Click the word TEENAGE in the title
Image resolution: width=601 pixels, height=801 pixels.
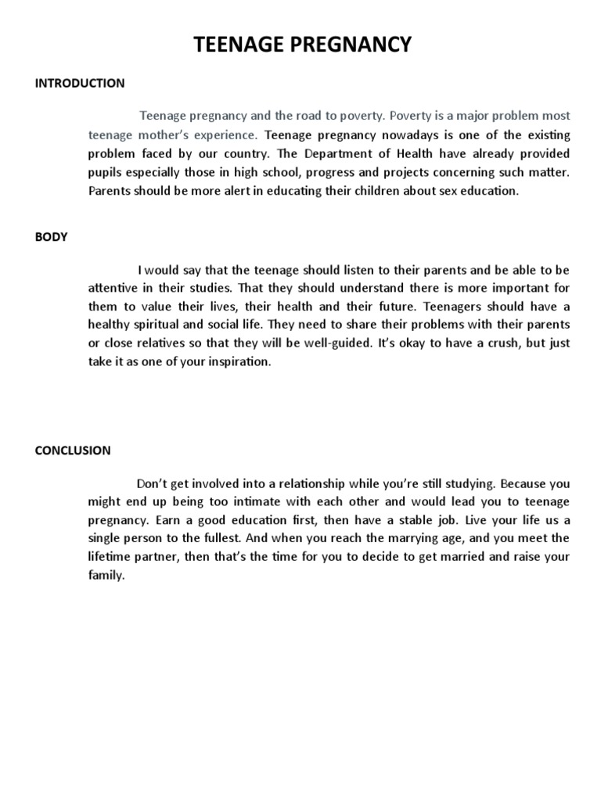[242, 45]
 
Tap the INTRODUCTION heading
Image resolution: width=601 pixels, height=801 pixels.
[80, 83]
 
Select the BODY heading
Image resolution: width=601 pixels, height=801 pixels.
[52, 238]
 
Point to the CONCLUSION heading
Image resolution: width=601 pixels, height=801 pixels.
[73, 451]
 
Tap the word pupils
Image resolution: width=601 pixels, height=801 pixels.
[104, 172]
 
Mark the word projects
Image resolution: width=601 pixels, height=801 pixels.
[430, 172]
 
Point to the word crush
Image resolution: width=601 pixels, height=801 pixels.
[493, 343]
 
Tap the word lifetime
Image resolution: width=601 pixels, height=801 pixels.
[109, 558]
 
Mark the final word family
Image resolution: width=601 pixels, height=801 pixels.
[106, 577]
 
